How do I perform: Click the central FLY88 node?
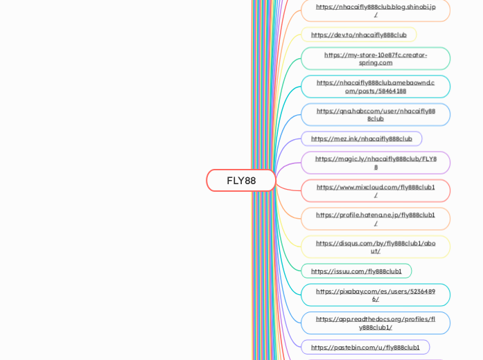(241, 181)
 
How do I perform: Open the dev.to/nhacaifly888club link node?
(358, 35)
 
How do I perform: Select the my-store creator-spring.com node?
(376, 59)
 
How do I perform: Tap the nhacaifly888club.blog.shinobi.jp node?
(376, 10)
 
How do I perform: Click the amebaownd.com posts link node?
(376, 87)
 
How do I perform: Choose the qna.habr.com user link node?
(376, 114)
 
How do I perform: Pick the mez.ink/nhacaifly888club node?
(361, 138)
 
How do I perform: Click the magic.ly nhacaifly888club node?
(376, 163)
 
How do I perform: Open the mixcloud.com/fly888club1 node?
(376, 190)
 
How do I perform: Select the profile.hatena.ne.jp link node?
(376, 219)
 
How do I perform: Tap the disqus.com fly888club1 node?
(376, 246)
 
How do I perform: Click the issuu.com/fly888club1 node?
(356, 271)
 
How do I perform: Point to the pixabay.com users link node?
(376, 295)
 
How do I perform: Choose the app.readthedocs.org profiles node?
(376, 323)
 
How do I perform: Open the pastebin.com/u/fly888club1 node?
(365, 348)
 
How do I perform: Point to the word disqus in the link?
(346, 243)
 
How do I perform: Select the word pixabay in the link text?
(350, 291)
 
